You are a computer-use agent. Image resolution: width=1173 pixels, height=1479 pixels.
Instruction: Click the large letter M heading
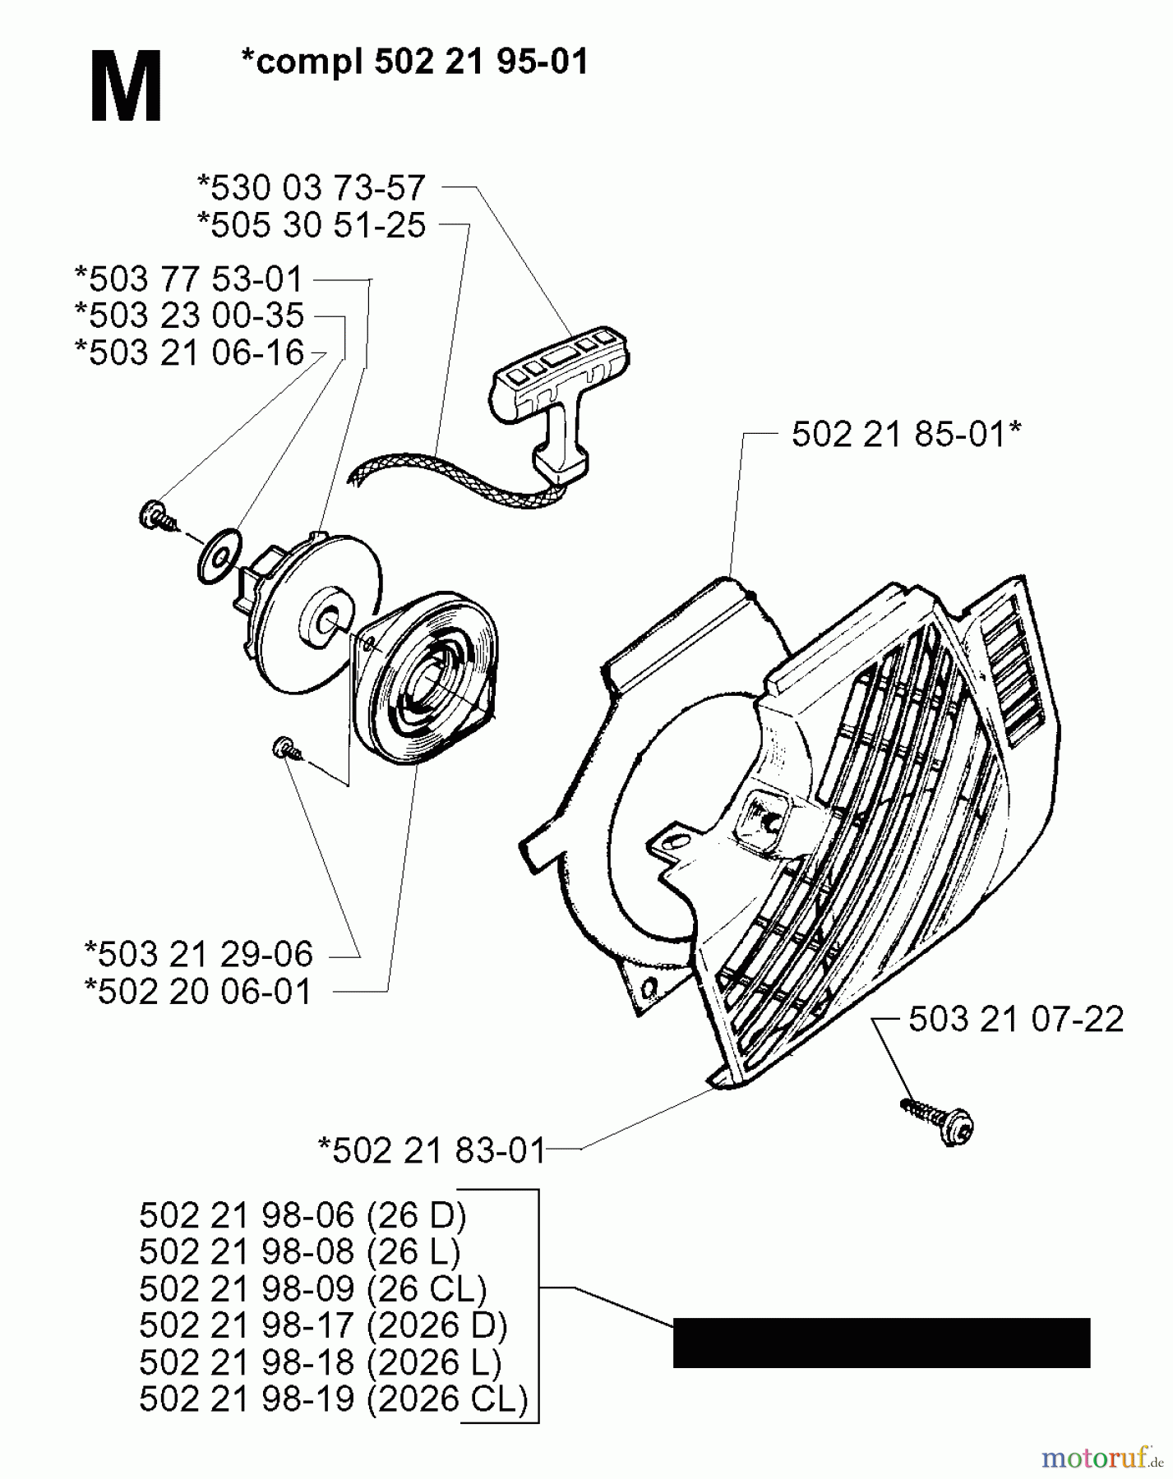(126, 87)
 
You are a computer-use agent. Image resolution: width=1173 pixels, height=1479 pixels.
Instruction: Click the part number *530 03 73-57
(312, 188)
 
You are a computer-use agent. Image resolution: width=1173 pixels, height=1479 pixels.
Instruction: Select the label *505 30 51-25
(312, 225)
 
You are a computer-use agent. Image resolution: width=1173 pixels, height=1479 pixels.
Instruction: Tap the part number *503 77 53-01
(189, 279)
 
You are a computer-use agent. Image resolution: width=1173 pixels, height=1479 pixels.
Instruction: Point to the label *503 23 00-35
(189, 316)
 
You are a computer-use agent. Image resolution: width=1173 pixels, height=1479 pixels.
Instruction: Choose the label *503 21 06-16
(189, 352)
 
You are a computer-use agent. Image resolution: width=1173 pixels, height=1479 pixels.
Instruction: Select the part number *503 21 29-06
(199, 954)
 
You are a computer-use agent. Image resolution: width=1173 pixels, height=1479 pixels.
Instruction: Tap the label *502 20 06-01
(199, 991)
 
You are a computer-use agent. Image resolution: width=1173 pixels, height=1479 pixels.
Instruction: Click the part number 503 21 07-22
(1015, 1020)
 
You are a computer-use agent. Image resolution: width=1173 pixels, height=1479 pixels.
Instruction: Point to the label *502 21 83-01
(432, 1150)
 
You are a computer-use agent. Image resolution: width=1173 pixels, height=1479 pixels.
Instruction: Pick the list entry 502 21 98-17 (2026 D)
(323, 1325)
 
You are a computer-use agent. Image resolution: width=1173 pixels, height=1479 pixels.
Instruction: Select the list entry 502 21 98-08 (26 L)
(300, 1251)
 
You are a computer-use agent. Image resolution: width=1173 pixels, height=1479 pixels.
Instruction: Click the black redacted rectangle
(881, 1343)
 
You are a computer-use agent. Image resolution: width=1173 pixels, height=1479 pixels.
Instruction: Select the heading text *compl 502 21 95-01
(415, 62)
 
